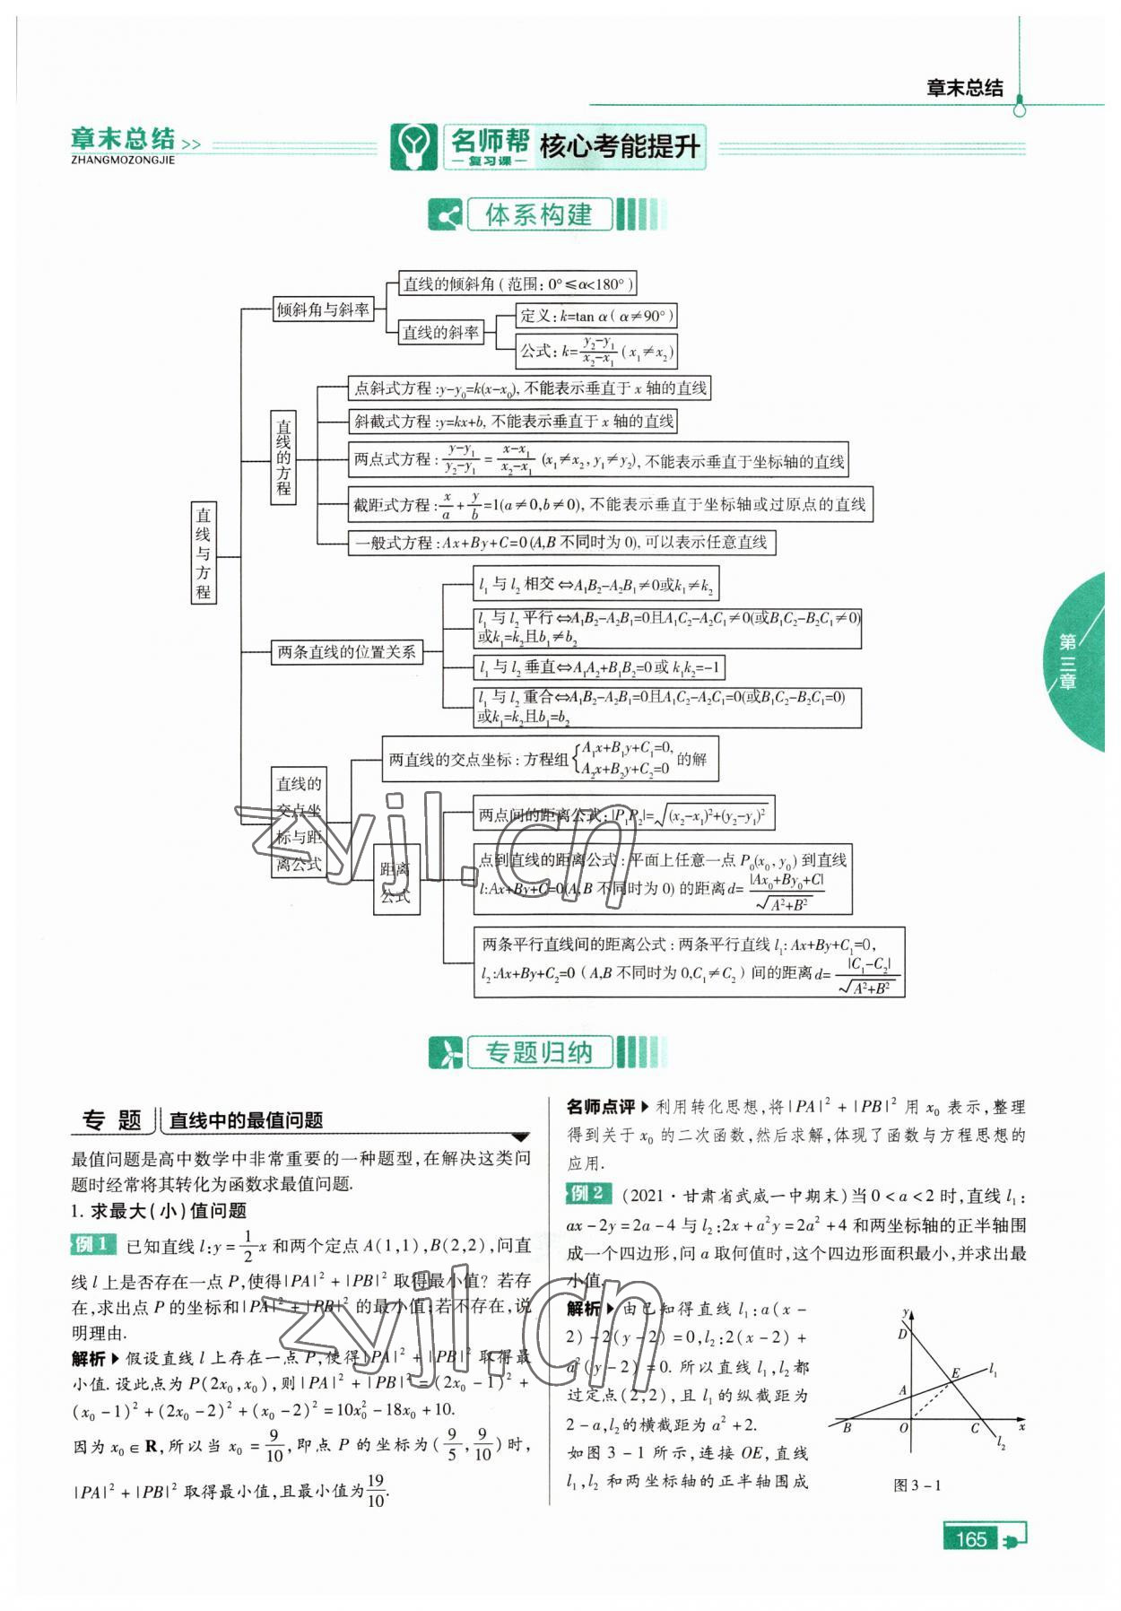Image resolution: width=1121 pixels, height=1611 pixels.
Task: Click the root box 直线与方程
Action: tap(204, 552)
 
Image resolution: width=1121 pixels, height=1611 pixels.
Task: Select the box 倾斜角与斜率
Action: tap(323, 309)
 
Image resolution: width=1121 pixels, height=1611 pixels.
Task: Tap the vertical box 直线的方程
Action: tap(283, 457)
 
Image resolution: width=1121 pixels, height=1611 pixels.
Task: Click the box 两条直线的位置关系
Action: tap(347, 652)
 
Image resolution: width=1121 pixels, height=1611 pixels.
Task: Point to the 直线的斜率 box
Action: tap(440, 332)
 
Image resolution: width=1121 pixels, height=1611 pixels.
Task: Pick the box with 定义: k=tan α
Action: tap(595, 316)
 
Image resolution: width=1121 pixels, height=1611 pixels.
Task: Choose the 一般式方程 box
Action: tap(560, 542)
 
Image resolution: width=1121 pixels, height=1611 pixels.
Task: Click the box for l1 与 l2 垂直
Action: tap(598, 667)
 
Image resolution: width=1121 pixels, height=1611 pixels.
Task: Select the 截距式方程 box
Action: tap(609, 504)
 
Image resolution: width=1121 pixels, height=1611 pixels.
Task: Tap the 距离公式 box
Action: tap(395, 880)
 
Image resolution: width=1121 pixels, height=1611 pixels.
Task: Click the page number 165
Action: tap(971, 1539)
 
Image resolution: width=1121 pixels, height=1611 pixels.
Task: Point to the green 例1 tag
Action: tap(93, 1244)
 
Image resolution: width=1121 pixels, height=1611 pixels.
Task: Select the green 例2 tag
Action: tap(588, 1193)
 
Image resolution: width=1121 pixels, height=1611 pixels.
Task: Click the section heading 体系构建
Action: tap(538, 215)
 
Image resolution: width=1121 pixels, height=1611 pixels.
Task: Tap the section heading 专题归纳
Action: tap(538, 1051)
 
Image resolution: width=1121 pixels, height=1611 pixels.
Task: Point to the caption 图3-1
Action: tap(917, 1485)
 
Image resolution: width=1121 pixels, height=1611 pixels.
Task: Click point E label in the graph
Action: tap(955, 1373)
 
